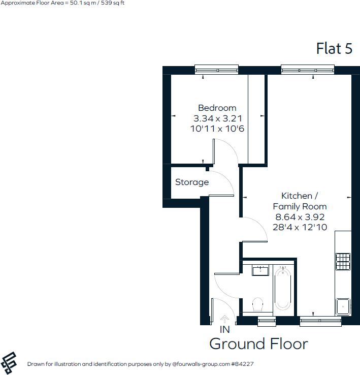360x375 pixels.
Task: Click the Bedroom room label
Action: click(217, 108)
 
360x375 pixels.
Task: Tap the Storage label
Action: click(192, 182)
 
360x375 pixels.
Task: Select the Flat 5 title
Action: click(334, 48)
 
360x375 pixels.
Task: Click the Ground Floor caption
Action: click(258, 344)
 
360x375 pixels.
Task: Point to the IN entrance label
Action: click(224, 329)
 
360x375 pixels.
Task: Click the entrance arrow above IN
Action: click(224, 319)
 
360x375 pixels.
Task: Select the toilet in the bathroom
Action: click(257, 304)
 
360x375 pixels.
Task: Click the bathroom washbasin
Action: click(261, 270)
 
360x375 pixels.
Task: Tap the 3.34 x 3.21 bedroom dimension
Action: click(217, 118)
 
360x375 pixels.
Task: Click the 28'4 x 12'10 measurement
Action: click(300, 227)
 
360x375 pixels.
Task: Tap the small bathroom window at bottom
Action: click(267, 321)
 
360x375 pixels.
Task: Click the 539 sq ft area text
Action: click(111, 3)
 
